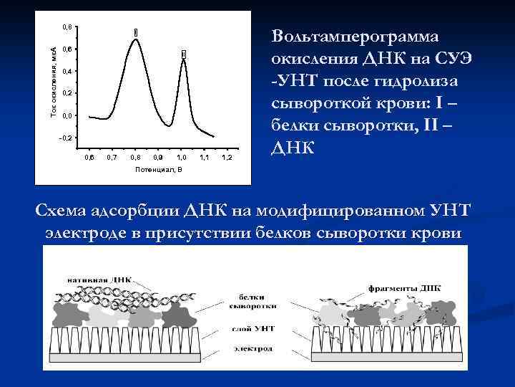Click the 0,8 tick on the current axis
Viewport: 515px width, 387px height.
tap(66, 27)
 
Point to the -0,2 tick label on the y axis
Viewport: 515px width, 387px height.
tap(65, 137)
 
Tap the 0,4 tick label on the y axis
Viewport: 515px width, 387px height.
tap(66, 72)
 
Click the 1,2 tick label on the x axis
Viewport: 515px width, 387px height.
tap(227, 156)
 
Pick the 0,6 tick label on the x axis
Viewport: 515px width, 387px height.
tap(89, 156)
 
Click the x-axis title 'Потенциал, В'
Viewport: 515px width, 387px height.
tap(158, 169)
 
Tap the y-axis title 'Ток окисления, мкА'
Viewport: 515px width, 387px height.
tap(52, 79)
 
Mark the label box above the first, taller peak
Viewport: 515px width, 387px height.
tap(135, 32)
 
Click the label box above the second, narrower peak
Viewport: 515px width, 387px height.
tap(183, 54)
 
